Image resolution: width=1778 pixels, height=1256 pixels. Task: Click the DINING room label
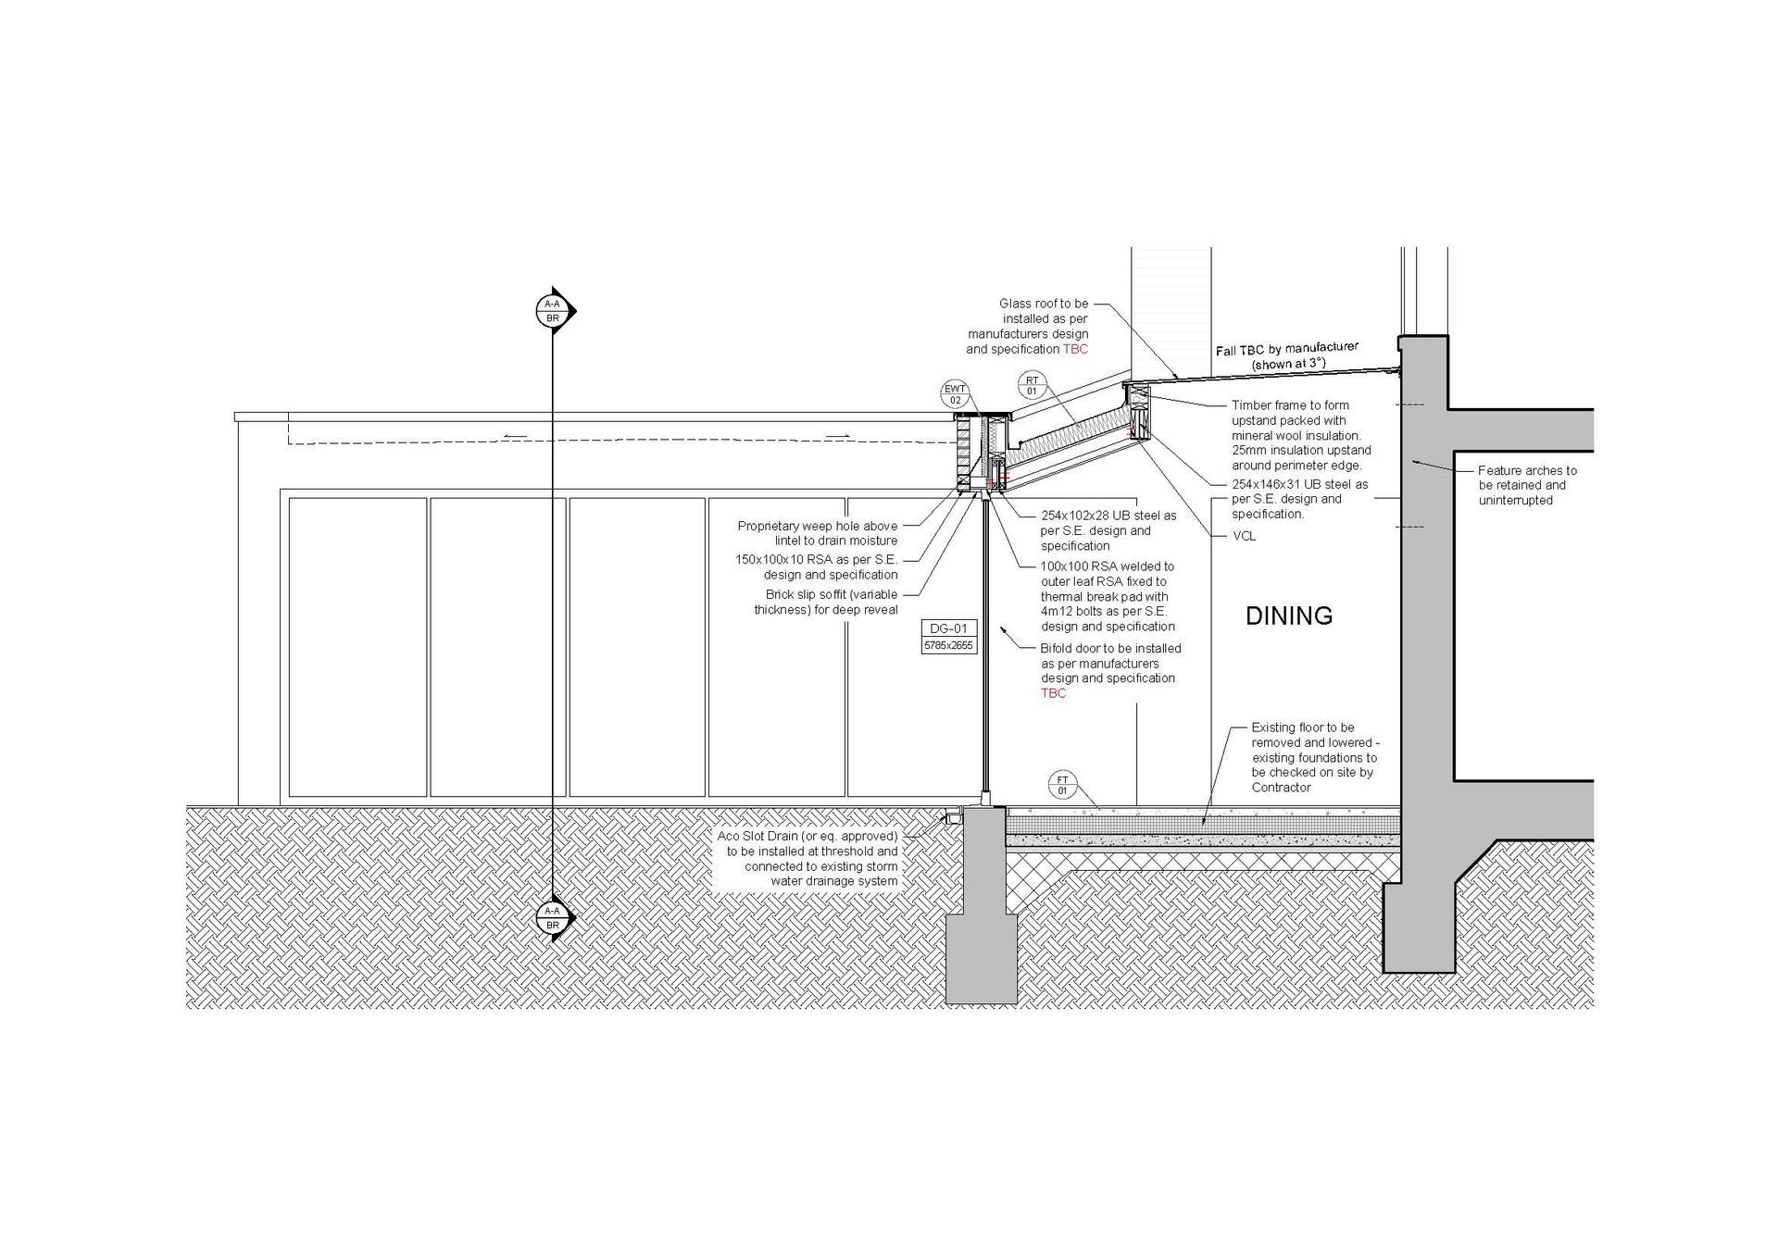[1288, 616]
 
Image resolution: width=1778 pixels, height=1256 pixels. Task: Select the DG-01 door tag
[949, 628]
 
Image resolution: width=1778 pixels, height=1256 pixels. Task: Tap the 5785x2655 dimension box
[949, 645]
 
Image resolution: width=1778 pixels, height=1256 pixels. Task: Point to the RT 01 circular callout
[1032, 385]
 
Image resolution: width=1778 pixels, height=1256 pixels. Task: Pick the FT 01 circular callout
[1063, 785]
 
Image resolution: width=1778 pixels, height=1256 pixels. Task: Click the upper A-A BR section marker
[554, 311]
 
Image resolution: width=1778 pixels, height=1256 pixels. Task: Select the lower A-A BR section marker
[554, 918]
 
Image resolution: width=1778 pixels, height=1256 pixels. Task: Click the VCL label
[1244, 536]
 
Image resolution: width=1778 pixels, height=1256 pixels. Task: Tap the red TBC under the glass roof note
[1075, 349]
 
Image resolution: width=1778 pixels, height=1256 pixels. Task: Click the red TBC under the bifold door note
[1053, 693]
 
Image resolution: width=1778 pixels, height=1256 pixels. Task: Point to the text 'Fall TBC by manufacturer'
[1286, 349]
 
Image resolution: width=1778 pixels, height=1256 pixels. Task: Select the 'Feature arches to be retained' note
[1527, 485]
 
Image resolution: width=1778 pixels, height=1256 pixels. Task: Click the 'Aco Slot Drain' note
[808, 859]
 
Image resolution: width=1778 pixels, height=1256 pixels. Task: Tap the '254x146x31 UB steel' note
[1299, 499]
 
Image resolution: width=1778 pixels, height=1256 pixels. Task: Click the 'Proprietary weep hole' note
[818, 533]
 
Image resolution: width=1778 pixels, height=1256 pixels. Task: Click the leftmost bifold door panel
[357, 647]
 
